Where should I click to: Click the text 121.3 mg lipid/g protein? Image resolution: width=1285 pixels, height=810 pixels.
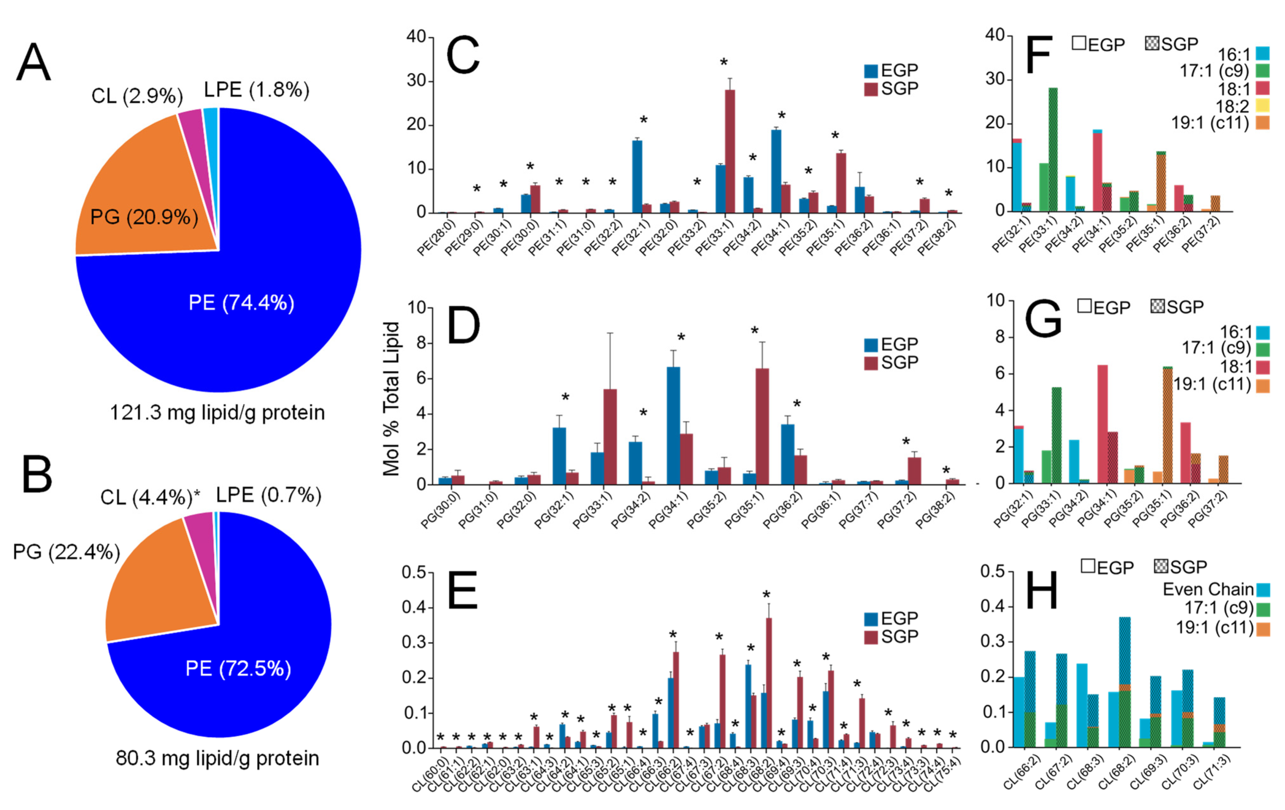tap(217, 413)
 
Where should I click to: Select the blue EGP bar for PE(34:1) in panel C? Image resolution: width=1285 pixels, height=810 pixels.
tap(776, 171)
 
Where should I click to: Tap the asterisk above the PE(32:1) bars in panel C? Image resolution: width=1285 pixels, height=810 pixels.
tap(644, 121)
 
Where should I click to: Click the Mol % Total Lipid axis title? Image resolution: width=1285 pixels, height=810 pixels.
tap(391, 399)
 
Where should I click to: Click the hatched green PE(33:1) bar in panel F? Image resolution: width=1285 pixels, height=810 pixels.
tap(1053, 149)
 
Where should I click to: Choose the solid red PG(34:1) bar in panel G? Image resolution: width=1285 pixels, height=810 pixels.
tap(1102, 424)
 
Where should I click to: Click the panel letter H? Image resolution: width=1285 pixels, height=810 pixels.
tap(1042, 593)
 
